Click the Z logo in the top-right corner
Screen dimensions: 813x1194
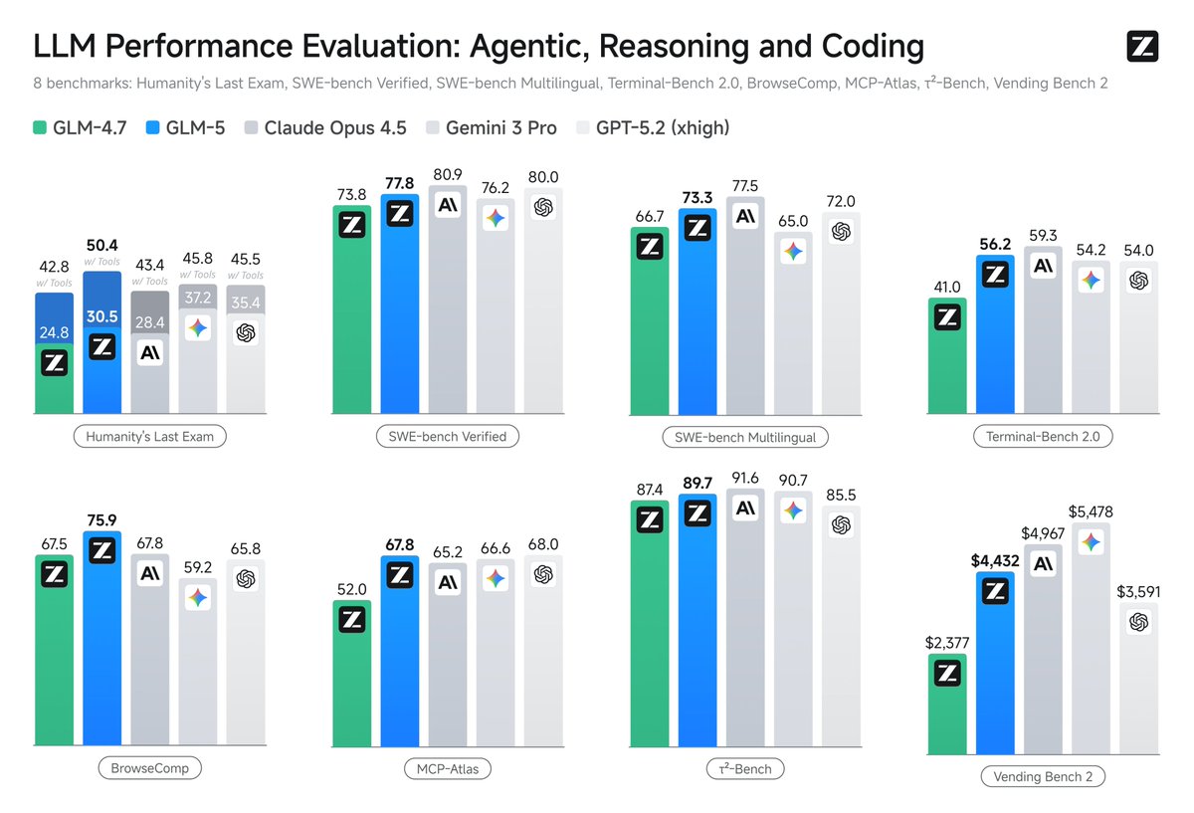1142,47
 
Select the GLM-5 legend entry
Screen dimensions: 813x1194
185,127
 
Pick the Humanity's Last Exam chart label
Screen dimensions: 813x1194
149,436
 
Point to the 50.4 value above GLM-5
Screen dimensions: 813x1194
101,244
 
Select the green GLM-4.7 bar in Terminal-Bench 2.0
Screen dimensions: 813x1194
947,368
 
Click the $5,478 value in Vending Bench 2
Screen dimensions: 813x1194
1092,512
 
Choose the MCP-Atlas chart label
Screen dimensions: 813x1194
448,768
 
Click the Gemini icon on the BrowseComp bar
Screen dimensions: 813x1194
198,597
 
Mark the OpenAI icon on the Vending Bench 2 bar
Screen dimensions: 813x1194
1139,622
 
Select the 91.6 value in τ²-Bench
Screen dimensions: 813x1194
745,479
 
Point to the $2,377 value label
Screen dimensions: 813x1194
947,643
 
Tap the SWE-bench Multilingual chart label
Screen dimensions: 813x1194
745,437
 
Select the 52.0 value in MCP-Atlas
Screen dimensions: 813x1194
351,589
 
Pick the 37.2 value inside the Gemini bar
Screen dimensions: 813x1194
198,295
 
